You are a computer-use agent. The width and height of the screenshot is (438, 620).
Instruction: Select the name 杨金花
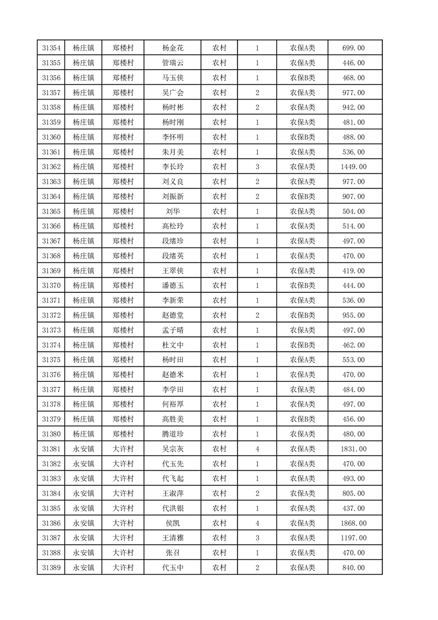point(172,48)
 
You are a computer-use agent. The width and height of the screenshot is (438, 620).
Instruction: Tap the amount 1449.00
point(353,167)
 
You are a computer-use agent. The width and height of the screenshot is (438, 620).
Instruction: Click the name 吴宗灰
point(172,449)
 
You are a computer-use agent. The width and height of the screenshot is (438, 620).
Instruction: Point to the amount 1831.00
point(353,449)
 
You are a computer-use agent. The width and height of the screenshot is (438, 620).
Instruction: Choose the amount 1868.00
point(353,523)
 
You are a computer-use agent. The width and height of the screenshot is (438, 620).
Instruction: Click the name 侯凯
point(172,523)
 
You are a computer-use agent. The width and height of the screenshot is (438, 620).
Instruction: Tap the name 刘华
point(172,211)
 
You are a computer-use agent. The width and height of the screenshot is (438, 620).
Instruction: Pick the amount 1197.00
point(353,538)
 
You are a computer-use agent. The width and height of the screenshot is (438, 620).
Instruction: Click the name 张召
point(172,553)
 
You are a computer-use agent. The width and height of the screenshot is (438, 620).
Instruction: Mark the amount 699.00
point(353,48)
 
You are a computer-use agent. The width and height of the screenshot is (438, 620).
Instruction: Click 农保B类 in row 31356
point(302,78)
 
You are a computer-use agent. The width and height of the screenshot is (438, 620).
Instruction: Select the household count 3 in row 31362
point(257,167)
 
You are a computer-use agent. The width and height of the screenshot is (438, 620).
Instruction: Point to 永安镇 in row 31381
point(83,449)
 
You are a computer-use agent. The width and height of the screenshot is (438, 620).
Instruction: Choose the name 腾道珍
point(172,434)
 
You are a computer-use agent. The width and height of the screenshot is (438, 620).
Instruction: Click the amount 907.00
point(353,197)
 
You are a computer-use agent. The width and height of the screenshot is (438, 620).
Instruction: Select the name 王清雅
point(172,538)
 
